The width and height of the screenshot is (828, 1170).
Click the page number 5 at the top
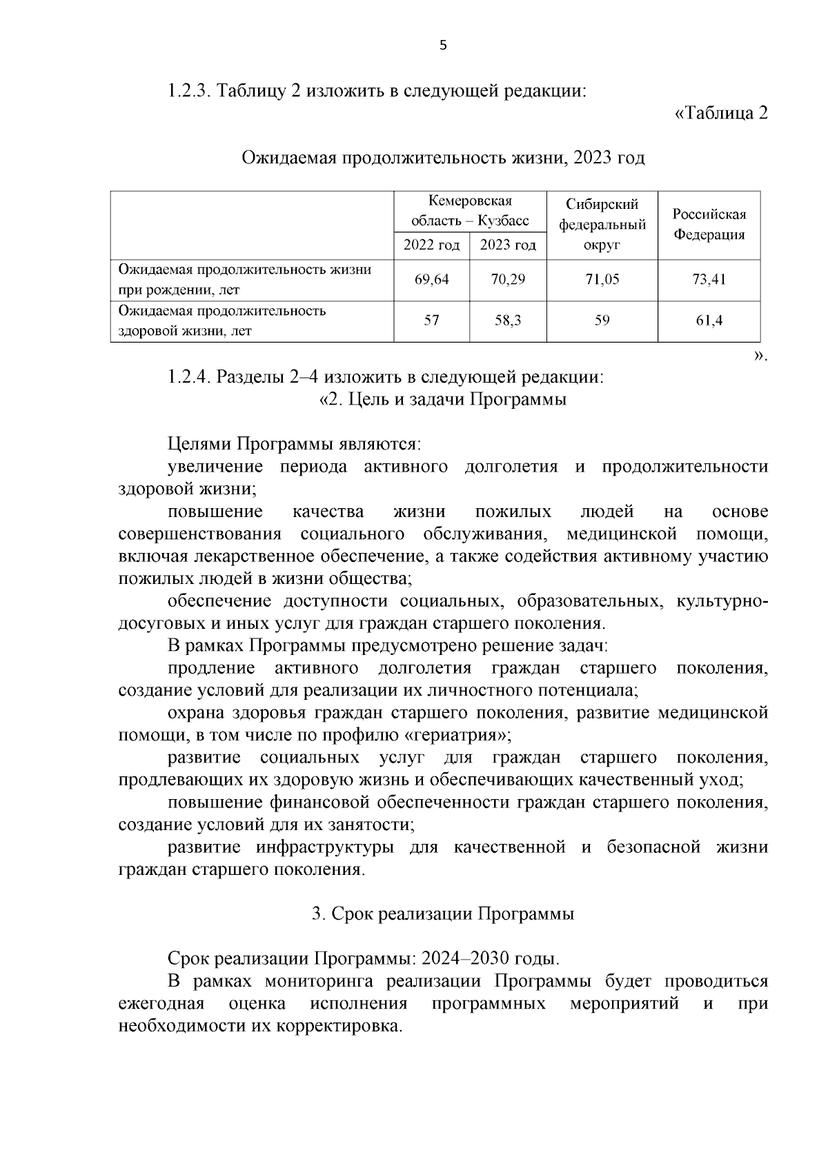click(443, 46)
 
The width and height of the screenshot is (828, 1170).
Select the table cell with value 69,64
click(432, 279)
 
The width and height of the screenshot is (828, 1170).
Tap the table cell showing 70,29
click(508, 279)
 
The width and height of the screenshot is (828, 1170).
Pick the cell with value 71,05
click(602, 279)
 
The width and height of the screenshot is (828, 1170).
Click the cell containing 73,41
click(709, 279)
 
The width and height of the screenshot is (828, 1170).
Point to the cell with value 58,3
click(508, 321)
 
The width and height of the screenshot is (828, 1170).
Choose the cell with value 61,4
click(709, 321)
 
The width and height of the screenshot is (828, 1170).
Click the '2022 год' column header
click(432, 245)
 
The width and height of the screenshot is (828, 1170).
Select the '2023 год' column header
click(508, 245)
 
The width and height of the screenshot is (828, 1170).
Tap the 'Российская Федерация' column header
click(709, 224)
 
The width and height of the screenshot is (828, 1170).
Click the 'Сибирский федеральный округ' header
click(602, 224)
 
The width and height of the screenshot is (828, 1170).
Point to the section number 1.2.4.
click(189, 377)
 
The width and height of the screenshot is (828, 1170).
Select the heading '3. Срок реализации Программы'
click(443, 914)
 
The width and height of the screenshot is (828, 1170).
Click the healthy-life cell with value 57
click(432, 321)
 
